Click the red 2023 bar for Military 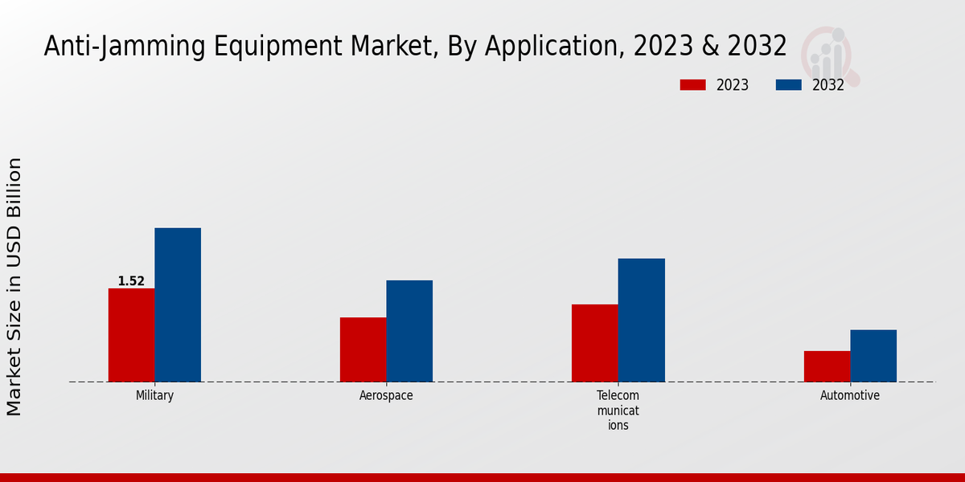tap(131, 335)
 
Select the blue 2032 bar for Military tap(178, 305)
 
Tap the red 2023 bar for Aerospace tap(363, 349)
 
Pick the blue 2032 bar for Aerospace tap(409, 331)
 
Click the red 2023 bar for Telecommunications tap(595, 343)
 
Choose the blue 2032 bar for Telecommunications tap(642, 320)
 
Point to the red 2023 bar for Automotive tap(827, 366)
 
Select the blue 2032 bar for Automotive tap(873, 356)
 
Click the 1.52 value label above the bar tap(131, 281)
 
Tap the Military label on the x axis tap(154, 396)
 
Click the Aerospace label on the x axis tap(386, 396)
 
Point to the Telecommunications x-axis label tap(618, 411)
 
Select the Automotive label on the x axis tap(850, 396)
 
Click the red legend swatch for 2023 tap(692, 85)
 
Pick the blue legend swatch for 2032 tap(788, 85)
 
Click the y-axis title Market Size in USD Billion tap(14, 287)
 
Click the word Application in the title tap(552, 47)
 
